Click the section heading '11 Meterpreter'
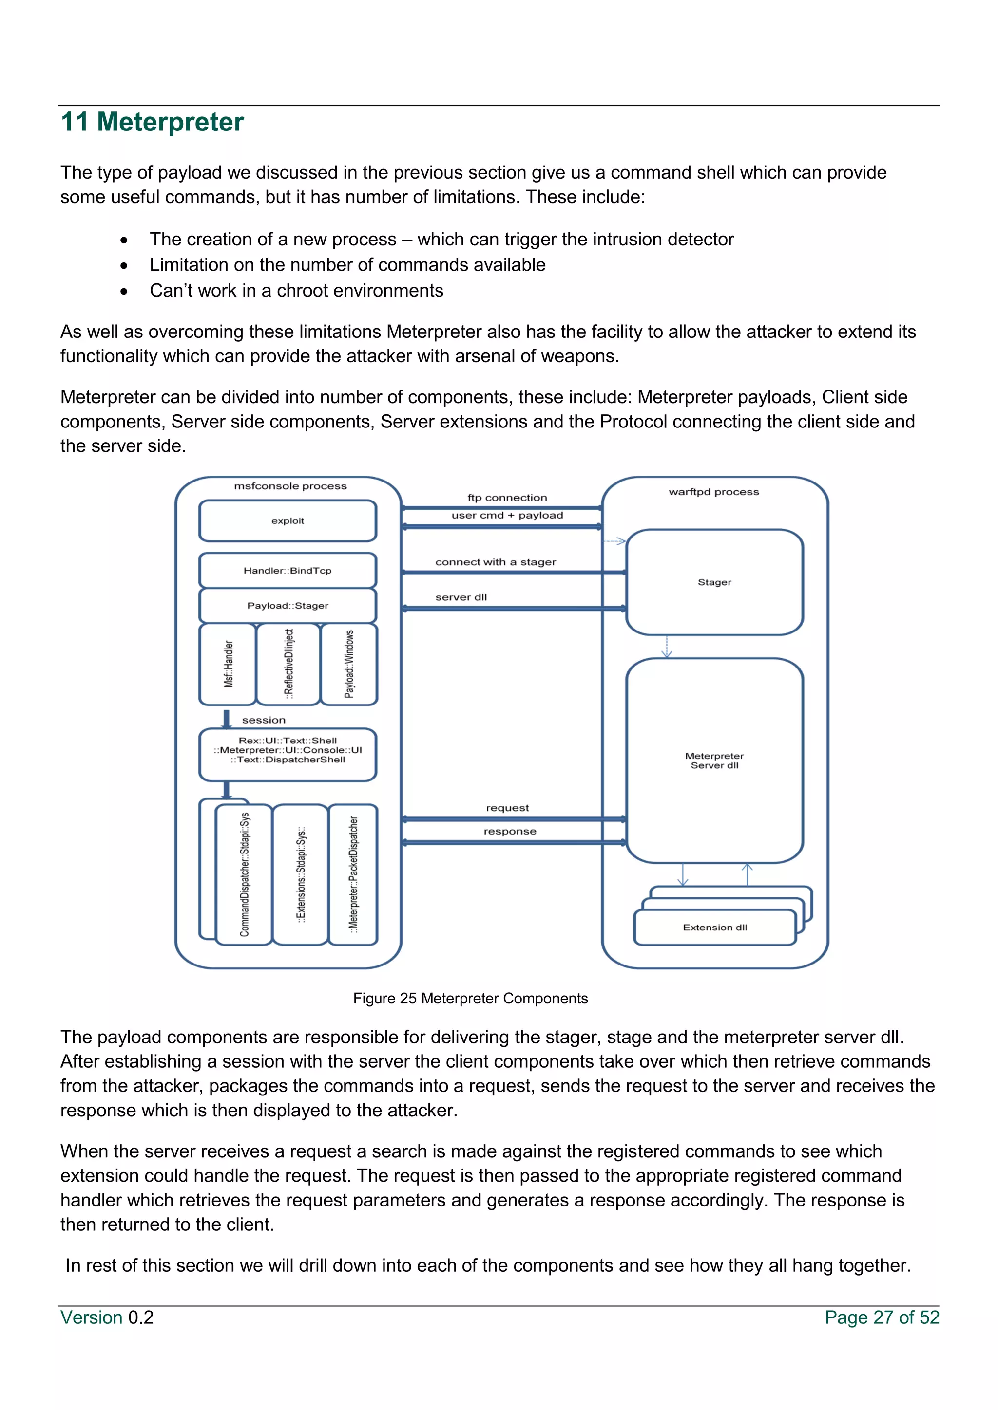pos(153,122)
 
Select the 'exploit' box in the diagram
pos(288,521)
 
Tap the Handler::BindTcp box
pos(288,571)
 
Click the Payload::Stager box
pos(288,606)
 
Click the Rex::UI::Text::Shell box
pos(288,750)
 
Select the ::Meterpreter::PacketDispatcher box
pos(353,874)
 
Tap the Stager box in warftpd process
pos(715,582)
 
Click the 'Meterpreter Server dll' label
pos(715,761)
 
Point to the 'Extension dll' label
pos(715,928)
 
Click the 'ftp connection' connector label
pos(507,498)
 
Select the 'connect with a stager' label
pos(495,562)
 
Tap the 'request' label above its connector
pos(507,808)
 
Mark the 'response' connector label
pos(509,832)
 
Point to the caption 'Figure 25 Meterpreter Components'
pos(470,999)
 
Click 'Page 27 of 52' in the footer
pos(882,1317)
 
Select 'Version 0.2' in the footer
pos(107,1317)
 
